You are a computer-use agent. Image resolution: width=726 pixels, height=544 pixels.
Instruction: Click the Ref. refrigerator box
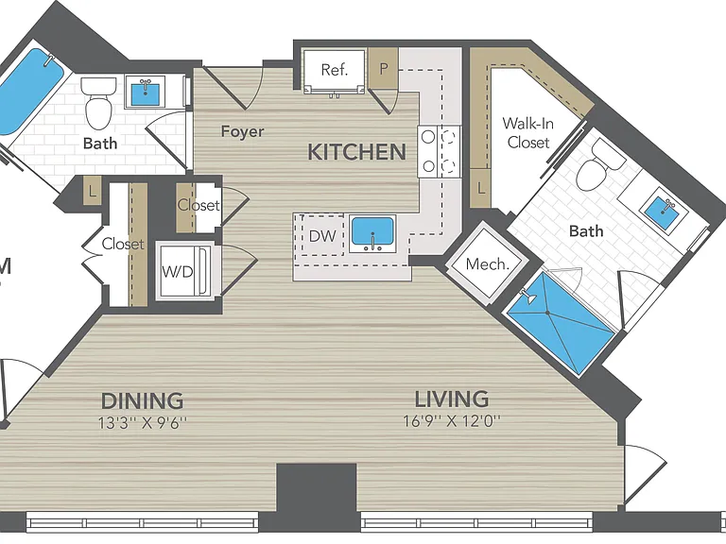click(335, 71)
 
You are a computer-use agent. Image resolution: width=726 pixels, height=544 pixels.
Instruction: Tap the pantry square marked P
click(383, 68)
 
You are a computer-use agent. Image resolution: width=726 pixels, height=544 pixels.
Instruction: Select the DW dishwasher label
click(322, 236)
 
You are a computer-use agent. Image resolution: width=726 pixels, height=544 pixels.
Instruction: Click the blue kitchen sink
click(372, 230)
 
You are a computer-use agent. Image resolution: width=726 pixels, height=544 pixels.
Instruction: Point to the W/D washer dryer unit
click(184, 271)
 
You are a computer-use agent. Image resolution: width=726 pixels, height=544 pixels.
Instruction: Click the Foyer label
click(242, 131)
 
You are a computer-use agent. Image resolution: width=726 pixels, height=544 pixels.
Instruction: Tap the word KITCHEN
click(357, 152)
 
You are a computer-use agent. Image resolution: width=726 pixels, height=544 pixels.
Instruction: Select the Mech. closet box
click(487, 264)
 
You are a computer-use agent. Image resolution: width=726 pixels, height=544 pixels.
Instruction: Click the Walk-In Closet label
click(527, 133)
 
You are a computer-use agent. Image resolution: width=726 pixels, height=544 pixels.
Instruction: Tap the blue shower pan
click(562, 323)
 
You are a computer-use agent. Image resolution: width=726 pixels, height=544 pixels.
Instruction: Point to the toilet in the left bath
click(98, 103)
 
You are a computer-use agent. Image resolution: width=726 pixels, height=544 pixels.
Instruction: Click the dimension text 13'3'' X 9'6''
click(143, 423)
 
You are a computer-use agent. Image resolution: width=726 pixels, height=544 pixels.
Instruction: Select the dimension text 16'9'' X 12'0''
click(452, 421)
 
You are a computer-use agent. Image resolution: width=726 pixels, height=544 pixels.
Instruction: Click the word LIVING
click(452, 399)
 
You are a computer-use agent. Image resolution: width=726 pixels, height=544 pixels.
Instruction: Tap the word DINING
click(142, 400)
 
